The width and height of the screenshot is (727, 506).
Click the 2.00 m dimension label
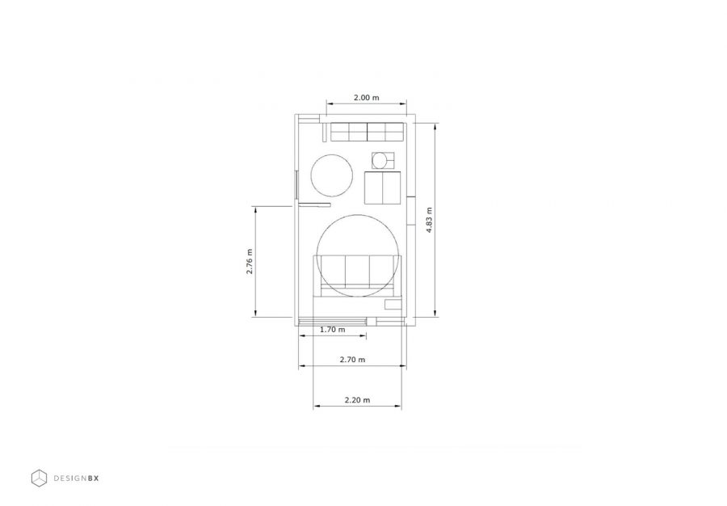tap(366, 97)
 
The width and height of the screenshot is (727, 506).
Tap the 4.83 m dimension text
tap(430, 220)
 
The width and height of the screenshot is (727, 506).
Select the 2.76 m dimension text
tap(250, 262)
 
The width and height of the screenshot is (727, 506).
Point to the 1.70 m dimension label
tap(333, 330)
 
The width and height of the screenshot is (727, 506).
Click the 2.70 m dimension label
tap(352, 360)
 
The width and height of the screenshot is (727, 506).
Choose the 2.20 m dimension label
tap(358, 400)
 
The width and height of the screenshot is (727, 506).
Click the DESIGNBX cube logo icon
tap(39, 479)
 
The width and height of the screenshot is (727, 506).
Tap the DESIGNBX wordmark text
tap(77, 479)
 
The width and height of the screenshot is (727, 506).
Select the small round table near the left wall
tap(331, 175)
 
